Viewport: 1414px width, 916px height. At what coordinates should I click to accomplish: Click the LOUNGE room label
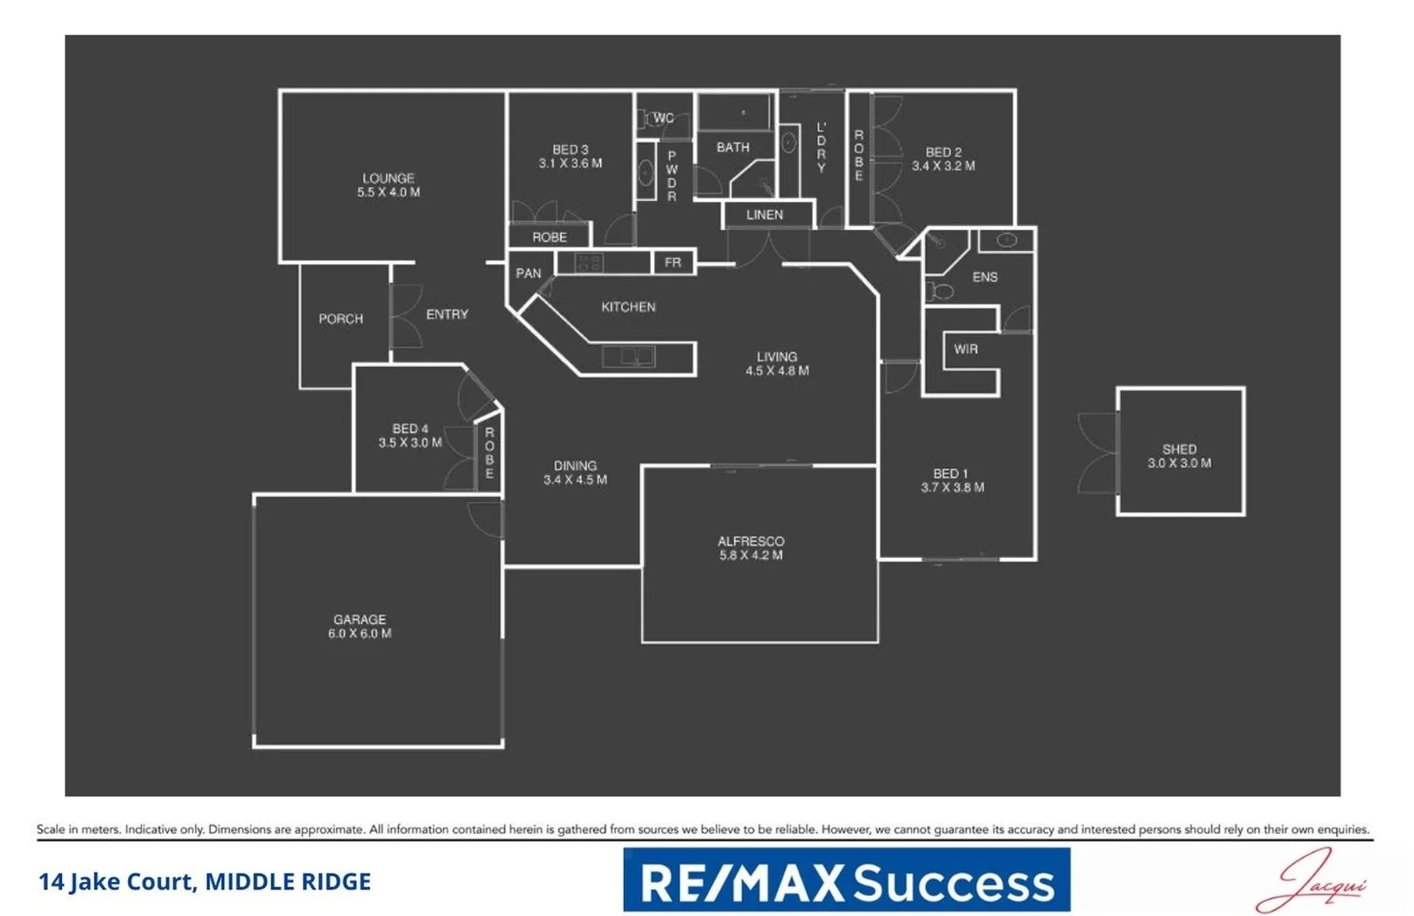pos(388,179)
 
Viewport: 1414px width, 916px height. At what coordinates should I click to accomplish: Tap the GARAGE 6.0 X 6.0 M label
pos(359,627)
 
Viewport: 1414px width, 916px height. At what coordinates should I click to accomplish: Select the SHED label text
pos(1179,450)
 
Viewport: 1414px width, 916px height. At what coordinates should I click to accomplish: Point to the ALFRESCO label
pos(750,541)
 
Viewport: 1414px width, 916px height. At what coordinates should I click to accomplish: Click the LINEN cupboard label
pos(764,215)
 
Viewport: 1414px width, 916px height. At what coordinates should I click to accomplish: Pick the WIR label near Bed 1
pos(965,349)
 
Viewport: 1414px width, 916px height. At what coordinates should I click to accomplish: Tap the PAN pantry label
pos(528,273)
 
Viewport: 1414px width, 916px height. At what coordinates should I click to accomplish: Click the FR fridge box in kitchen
pos(673,263)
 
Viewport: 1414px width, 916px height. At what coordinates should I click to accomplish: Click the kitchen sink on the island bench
pos(629,357)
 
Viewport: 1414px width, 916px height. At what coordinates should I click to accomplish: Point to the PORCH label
pos(340,319)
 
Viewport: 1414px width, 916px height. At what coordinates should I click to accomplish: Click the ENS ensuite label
pos(985,277)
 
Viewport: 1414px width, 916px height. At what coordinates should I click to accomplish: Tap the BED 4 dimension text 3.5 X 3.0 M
pos(410,443)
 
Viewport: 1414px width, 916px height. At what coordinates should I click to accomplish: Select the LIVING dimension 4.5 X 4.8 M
pos(777,371)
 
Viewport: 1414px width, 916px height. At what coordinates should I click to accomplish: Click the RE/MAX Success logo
pos(846,880)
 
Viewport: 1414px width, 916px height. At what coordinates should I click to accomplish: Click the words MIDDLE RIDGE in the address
pos(288,882)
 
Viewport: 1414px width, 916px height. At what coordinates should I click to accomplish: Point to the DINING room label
pos(575,466)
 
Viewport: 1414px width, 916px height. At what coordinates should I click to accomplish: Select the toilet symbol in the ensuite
pos(939,292)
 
